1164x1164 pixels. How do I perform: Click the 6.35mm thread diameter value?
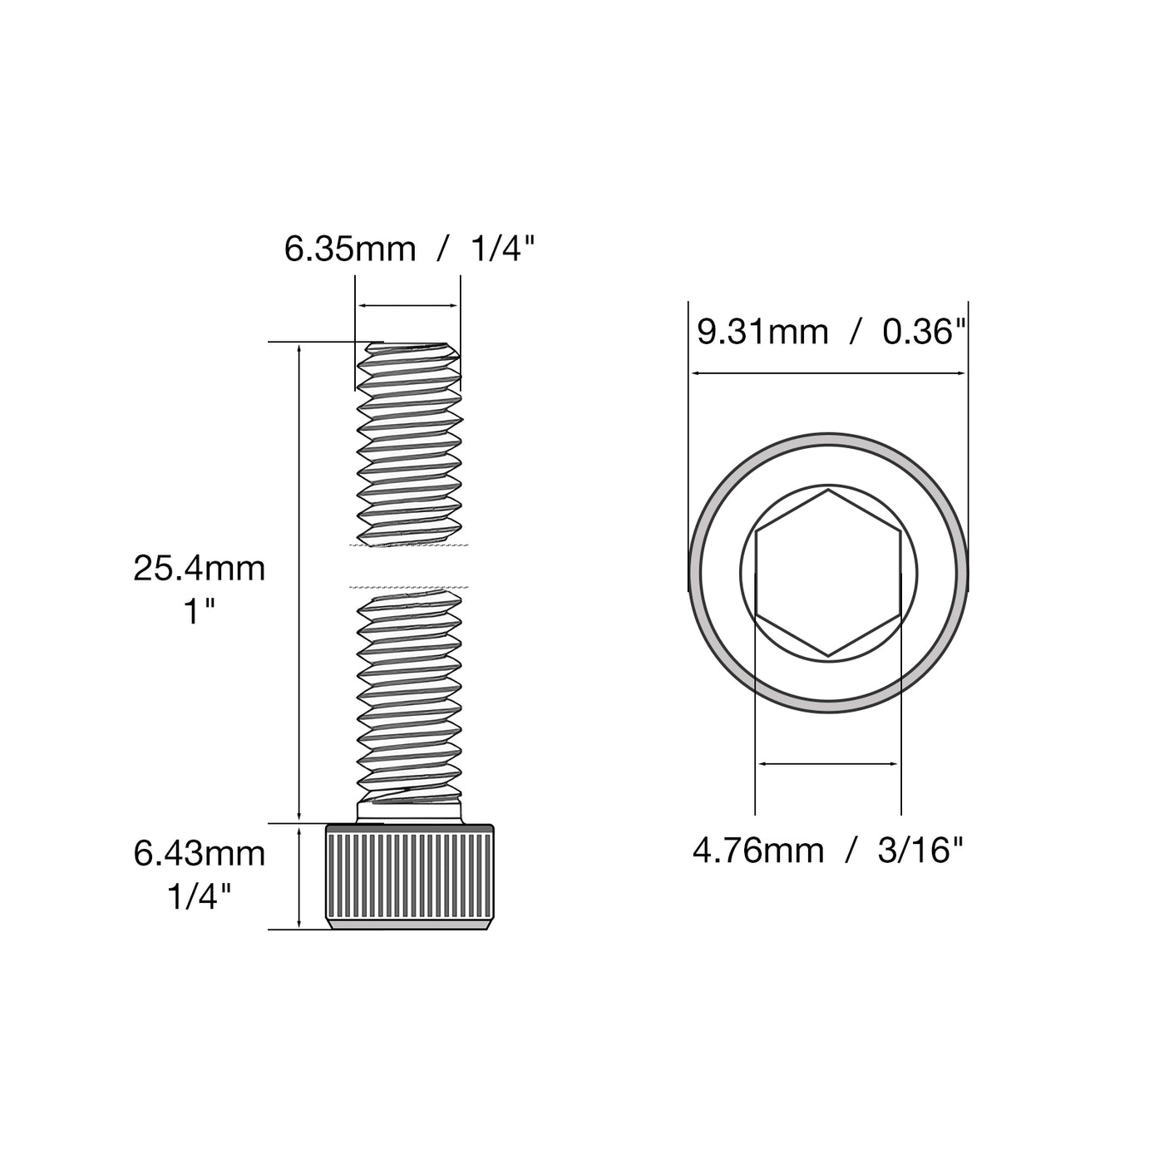(x=350, y=249)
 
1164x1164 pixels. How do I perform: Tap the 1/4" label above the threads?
(x=503, y=249)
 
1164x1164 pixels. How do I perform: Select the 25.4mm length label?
(x=200, y=569)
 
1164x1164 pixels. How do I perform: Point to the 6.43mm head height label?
(x=200, y=854)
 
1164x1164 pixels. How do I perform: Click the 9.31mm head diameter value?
(x=762, y=332)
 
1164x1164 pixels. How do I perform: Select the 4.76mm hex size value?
(x=758, y=851)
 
